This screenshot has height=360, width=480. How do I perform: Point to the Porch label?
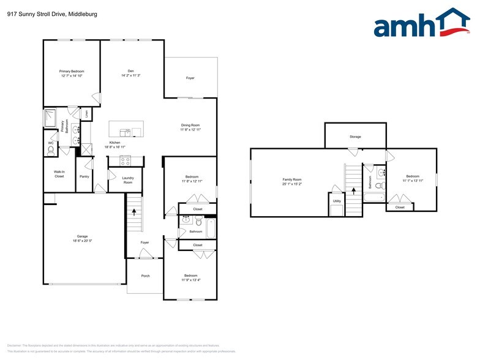click(145, 276)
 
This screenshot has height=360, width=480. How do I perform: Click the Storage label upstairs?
click(355, 137)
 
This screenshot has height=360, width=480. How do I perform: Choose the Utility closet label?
click(337, 201)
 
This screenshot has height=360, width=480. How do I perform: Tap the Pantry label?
click(84, 176)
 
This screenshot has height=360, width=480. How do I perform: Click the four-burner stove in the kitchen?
click(126, 162)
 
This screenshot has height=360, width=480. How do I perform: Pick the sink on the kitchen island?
click(126, 131)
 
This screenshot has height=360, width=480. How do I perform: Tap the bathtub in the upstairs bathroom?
click(374, 197)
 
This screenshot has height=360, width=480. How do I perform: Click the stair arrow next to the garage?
click(134, 212)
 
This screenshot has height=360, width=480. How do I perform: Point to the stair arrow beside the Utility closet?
click(353, 191)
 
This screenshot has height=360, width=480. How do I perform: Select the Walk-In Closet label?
click(59, 174)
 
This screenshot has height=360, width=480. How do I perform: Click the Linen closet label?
click(87, 114)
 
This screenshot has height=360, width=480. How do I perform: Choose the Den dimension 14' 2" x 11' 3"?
click(130, 75)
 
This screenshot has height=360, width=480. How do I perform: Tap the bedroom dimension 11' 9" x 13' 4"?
click(190, 279)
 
